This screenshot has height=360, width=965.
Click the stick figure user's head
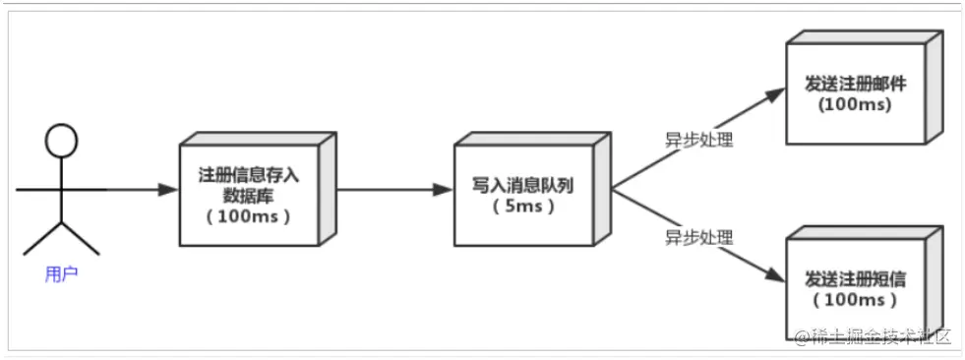(x=61, y=141)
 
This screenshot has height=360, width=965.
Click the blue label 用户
(x=61, y=274)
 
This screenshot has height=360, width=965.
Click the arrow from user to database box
(x=138, y=190)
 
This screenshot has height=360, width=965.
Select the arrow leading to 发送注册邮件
(x=698, y=138)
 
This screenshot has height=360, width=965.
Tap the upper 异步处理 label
(x=697, y=140)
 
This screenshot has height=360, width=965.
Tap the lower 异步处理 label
(x=697, y=237)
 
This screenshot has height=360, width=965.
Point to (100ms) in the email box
(x=855, y=104)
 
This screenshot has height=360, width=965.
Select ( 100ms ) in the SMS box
(x=855, y=300)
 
